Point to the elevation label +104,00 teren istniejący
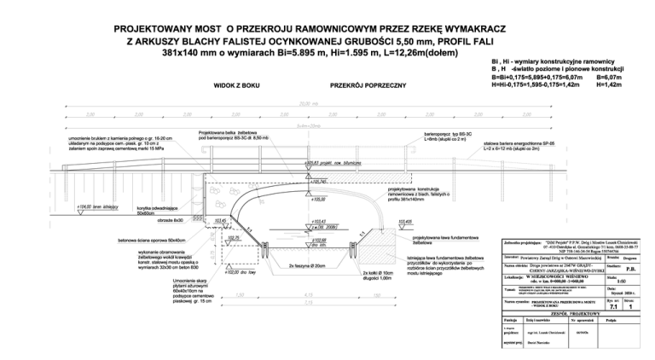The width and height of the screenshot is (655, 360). click(x=97, y=206)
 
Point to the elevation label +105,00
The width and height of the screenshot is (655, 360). click(x=318, y=200)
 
